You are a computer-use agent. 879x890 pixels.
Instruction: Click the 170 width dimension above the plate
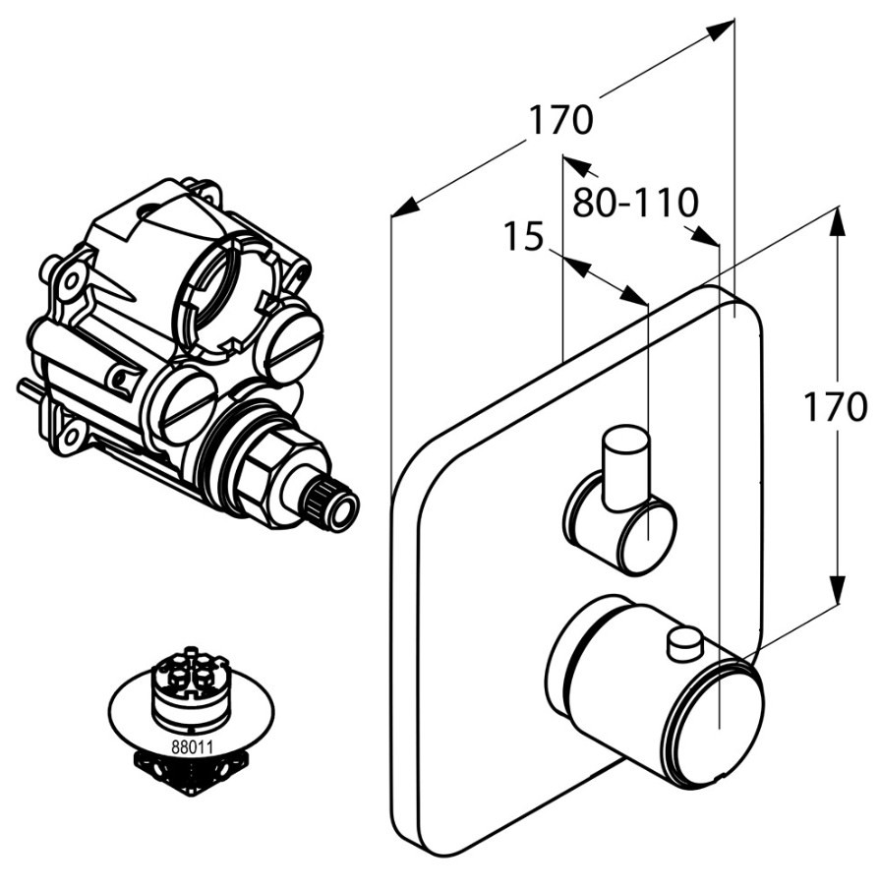pyautogui.click(x=561, y=121)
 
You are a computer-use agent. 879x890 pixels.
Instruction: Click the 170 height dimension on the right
pyautogui.click(x=835, y=406)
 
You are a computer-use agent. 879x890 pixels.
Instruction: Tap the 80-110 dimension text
pyautogui.click(x=634, y=203)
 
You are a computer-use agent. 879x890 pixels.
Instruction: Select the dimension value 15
pyautogui.click(x=524, y=237)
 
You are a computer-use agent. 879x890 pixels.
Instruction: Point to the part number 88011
pyautogui.click(x=191, y=745)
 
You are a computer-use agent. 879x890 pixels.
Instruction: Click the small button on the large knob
pyautogui.click(x=683, y=644)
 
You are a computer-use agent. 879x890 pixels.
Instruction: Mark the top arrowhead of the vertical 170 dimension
pyautogui.click(x=835, y=220)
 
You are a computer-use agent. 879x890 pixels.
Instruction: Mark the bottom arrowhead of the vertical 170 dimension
pyautogui.click(x=836, y=591)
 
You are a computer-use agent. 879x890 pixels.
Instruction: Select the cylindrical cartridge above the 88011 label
pyautogui.click(x=190, y=690)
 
